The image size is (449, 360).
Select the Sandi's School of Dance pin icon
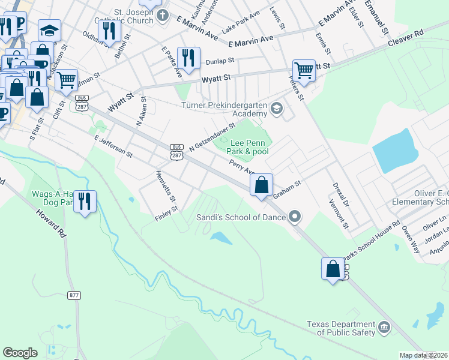click(x=294, y=217)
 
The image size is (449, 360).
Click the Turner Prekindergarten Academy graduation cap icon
click(x=276, y=109)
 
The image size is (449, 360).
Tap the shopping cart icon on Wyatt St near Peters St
click(x=304, y=70)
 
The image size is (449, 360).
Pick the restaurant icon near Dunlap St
click(x=189, y=58)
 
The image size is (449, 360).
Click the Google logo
click(x=20, y=353)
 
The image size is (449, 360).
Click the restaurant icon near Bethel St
click(x=109, y=31)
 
